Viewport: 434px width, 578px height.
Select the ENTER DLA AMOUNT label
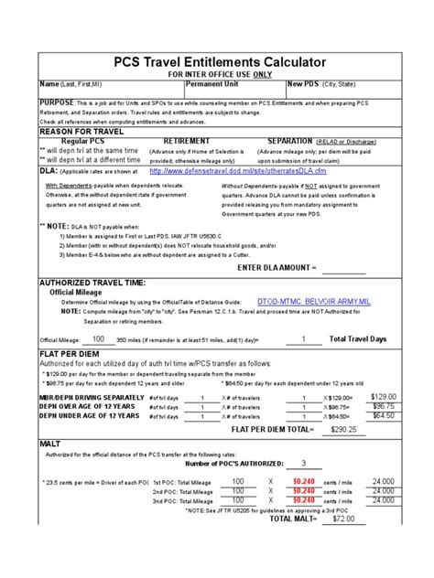[x=275, y=267]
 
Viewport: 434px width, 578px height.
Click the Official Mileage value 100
[x=97, y=338]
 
